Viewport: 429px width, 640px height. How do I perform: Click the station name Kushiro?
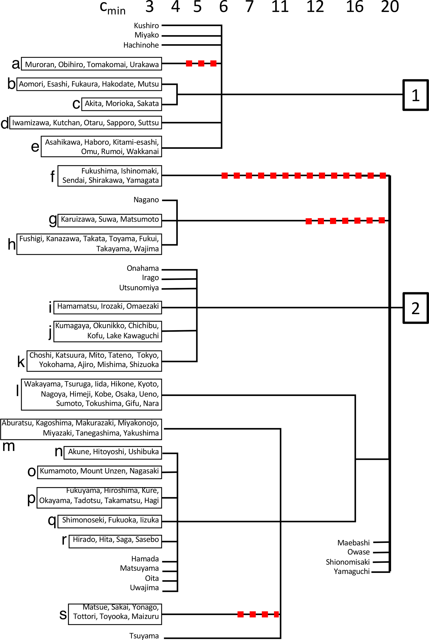coord(146,26)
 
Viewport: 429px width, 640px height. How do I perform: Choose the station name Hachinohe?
coord(141,45)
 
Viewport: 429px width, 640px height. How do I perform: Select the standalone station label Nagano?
coord(146,200)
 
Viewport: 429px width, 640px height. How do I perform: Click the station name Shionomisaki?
coord(347,562)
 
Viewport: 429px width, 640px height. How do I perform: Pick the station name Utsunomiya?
coord(139,288)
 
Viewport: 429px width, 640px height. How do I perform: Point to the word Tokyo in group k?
coord(148,355)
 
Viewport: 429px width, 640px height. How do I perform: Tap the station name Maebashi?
coord(353,543)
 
